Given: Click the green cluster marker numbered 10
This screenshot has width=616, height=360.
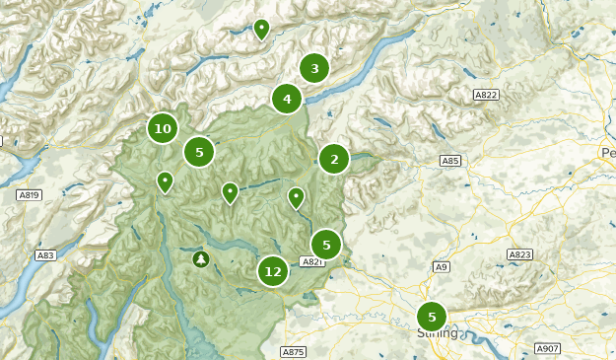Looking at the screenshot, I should tap(163, 128).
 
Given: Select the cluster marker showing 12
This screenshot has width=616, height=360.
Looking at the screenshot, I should tap(273, 271).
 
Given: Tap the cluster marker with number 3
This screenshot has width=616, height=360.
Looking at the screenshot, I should tap(314, 68).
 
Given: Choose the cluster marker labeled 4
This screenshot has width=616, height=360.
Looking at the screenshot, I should tap(287, 99).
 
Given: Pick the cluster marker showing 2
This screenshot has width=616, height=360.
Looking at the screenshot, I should tap(334, 159).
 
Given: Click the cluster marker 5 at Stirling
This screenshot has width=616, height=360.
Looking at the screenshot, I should tap(431, 317).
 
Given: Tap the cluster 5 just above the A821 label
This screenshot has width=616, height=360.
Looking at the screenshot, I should tap(326, 245).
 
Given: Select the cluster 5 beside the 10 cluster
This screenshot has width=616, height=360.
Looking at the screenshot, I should tap(199, 152).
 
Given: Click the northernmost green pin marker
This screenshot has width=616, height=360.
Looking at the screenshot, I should tap(261, 29).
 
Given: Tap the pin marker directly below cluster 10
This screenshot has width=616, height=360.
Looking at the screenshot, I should tap(165, 180).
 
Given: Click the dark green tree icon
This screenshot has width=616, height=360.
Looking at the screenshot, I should tap(202, 258).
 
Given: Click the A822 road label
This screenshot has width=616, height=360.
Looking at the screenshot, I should tap(485, 95).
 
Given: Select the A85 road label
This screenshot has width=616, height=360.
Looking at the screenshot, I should tap(450, 161).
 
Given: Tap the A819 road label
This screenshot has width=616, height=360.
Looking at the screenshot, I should tap(30, 195).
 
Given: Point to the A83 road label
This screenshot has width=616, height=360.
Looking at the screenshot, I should tap(45, 255).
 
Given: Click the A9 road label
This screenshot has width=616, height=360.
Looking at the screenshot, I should tap(443, 266).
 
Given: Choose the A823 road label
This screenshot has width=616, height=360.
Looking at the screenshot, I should tap(519, 254).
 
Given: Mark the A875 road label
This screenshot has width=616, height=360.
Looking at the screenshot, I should tap(293, 351).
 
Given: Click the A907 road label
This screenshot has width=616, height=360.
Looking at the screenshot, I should tap(547, 348).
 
